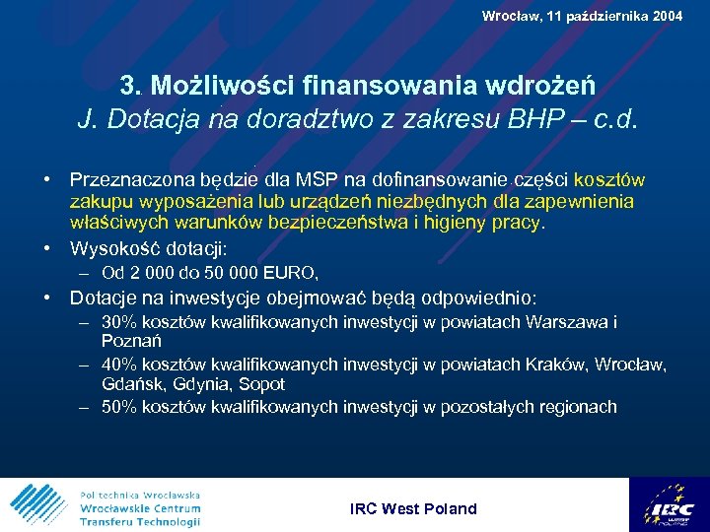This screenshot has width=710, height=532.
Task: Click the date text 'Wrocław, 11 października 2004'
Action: pos(582,16)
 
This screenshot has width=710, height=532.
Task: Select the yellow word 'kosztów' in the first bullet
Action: pos(608,180)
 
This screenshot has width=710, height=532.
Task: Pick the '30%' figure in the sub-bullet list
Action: pos(119,322)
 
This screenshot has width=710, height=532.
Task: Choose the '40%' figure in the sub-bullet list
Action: pos(119,366)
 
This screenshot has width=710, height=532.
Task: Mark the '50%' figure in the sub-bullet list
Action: pos(119,407)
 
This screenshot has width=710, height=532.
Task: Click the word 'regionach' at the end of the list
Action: pos(577,407)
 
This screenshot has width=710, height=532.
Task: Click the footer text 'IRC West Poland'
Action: pos(413,509)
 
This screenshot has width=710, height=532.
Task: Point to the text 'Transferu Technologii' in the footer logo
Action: pos(140,521)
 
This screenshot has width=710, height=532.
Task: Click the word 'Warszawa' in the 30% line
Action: pos(569,322)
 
